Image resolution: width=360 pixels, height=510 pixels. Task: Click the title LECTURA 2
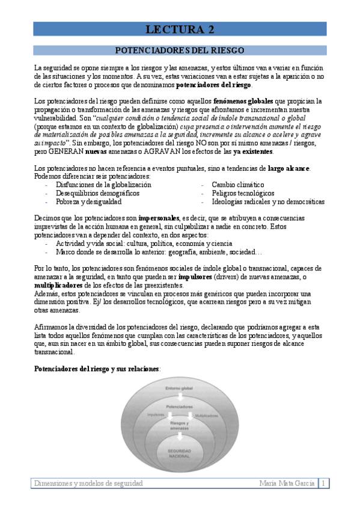[x=180, y=29]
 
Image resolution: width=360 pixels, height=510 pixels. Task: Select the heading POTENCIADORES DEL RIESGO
[x=180, y=51]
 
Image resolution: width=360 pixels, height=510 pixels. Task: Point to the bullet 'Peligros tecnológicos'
[x=243, y=194]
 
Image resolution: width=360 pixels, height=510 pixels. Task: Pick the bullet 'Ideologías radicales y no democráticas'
[x=268, y=202]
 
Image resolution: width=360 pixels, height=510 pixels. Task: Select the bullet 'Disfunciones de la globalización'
[x=103, y=185]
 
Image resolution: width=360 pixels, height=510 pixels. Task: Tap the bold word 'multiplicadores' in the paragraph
[x=58, y=284]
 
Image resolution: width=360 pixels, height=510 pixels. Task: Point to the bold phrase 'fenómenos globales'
[x=243, y=100]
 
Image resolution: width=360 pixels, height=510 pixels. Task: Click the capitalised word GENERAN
[x=67, y=152]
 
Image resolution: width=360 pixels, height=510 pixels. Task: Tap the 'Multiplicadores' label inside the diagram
[x=206, y=415]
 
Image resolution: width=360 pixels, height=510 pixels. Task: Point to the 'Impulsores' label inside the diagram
[x=156, y=414]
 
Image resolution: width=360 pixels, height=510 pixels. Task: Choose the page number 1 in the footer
[x=324, y=484]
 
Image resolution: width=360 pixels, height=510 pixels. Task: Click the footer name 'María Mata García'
[x=287, y=484]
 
